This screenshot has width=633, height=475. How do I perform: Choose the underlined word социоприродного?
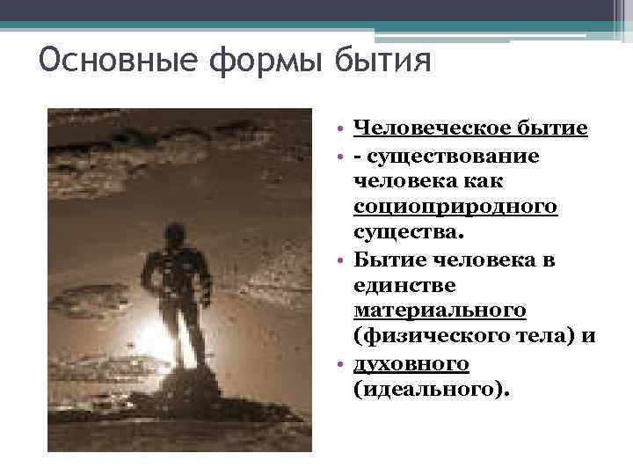pos(455,208)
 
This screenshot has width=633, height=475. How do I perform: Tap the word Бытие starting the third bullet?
pos(382,259)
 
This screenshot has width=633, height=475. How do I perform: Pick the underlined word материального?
pos(440,311)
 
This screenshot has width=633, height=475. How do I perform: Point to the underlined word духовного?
pos(411,364)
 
